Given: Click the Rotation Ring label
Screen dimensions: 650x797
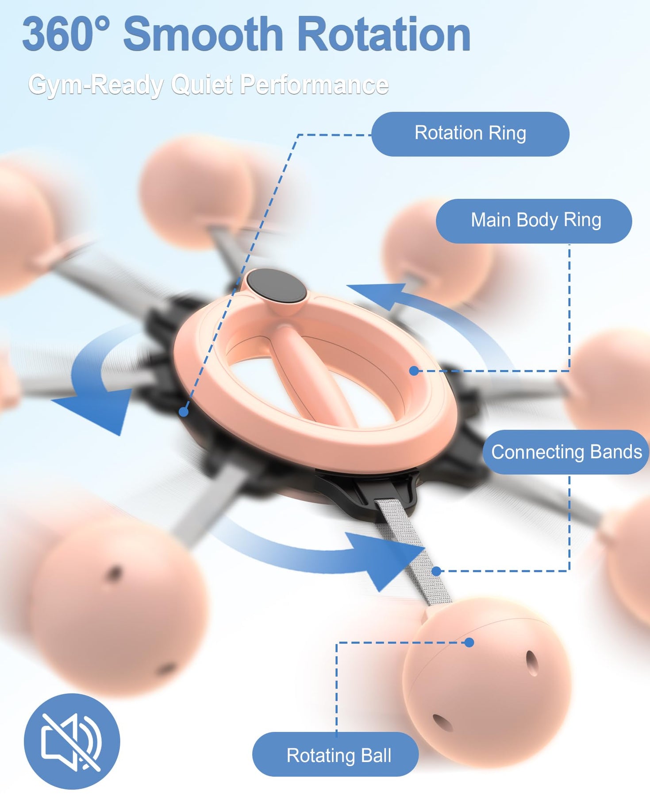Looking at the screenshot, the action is tap(470, 134).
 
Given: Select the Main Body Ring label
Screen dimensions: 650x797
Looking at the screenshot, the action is tap(534, 221).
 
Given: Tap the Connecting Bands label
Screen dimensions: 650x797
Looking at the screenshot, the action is tap(566, 452).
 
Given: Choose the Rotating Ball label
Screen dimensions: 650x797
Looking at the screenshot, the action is tap(335, 755).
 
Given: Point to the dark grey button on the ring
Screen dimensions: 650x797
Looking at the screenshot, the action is tap(277, 286).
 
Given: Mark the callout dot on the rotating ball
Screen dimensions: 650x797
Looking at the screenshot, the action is tap(469, 642).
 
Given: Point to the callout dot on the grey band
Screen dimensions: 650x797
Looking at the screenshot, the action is tap(436, 571).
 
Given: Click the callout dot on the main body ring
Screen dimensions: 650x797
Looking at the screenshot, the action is tap(414, 371).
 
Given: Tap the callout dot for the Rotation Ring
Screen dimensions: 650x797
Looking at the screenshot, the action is tap(184, 412).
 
